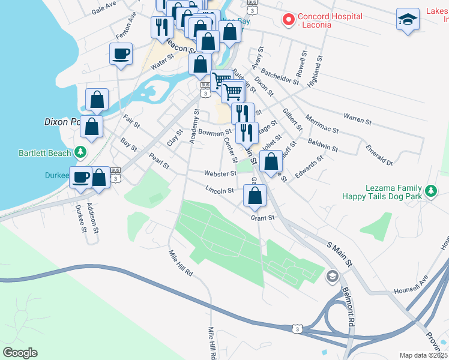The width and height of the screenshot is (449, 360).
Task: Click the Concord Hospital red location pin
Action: (288, 20)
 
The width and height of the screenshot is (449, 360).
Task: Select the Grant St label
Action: (262, 218)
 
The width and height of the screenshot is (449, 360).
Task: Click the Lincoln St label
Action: (219, 190)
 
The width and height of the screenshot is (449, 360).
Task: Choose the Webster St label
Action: (220, 173)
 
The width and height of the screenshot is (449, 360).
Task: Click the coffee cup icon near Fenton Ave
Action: (121, 54)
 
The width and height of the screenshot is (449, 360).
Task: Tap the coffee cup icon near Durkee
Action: (81, 177)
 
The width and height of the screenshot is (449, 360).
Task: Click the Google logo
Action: (20, 353)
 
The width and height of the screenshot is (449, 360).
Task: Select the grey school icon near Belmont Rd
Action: (332, 277)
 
